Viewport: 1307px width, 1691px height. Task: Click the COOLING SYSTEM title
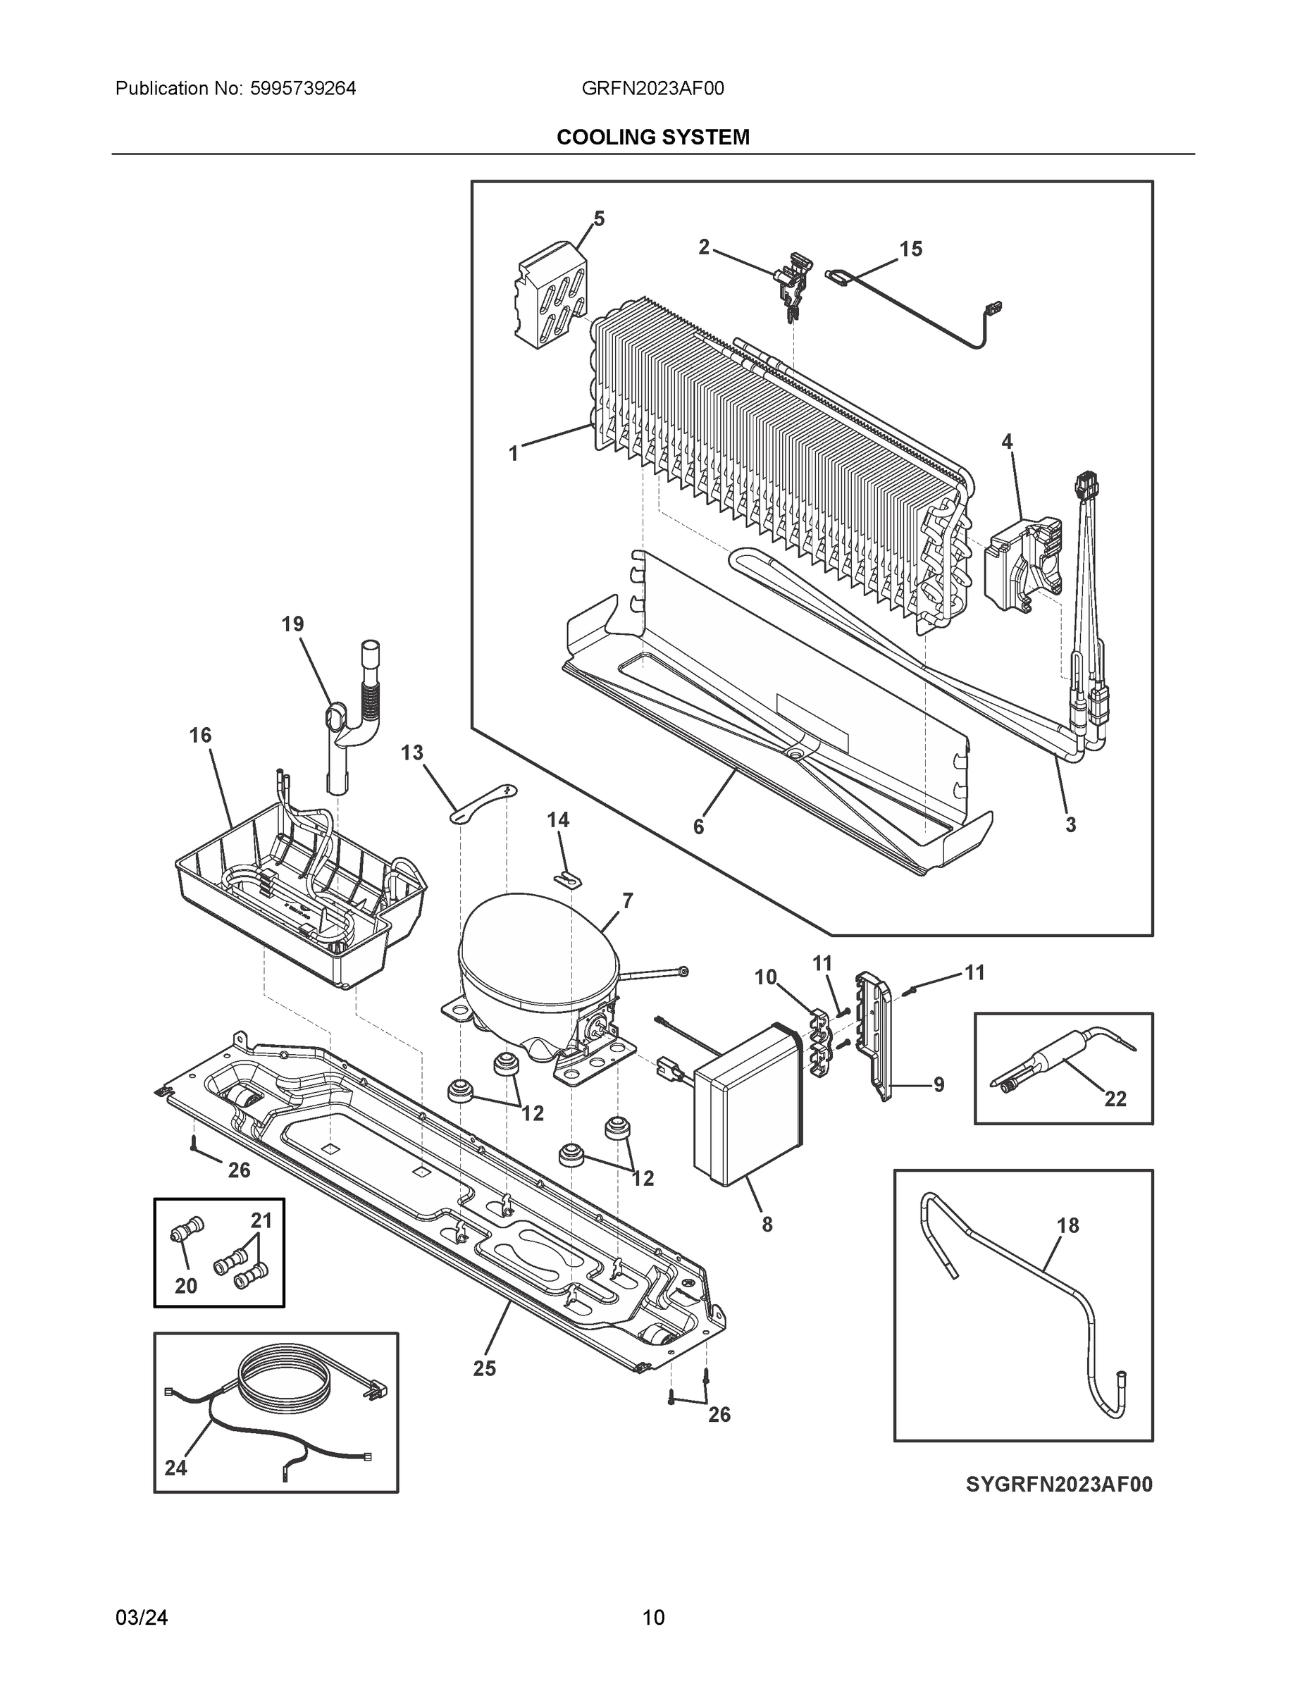click(652, 137)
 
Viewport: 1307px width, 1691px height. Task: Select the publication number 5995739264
click(303, 88)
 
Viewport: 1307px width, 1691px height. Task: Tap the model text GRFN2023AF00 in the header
click(652, 88)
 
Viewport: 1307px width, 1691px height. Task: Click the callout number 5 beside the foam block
click(598, 219)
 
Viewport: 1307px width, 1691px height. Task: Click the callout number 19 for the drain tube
click(292, 624)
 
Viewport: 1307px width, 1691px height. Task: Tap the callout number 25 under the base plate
click(484, 1368)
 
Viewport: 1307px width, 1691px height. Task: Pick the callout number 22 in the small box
click(1115, 1098)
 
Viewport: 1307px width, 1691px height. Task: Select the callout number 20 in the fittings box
click(186, 1285)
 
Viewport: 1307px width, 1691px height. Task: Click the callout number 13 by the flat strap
click(412, 752)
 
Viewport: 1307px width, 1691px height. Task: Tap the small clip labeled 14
click(571, 880)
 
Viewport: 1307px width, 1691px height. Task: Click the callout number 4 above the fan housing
click(1007, 441)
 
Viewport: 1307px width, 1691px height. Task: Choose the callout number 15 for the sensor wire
click(910, 249)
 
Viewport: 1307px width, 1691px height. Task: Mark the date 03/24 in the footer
click(142, 1618)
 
